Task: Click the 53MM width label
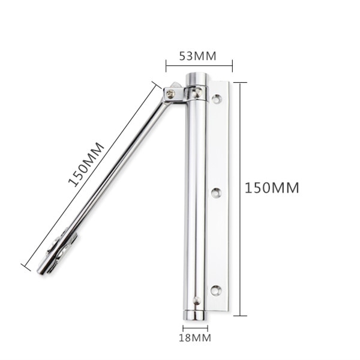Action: (x=197, y=56)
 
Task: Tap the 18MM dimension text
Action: (x=195, y=338)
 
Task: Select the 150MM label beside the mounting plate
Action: (x=272, y=187)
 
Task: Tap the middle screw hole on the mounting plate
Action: (x=216, y=193)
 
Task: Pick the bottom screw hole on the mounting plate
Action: (x=216, y=291)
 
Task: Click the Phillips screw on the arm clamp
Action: (x=172, y=94)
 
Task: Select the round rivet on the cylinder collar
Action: (x=196, y=91)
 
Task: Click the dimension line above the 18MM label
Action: (x=195, y=328)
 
